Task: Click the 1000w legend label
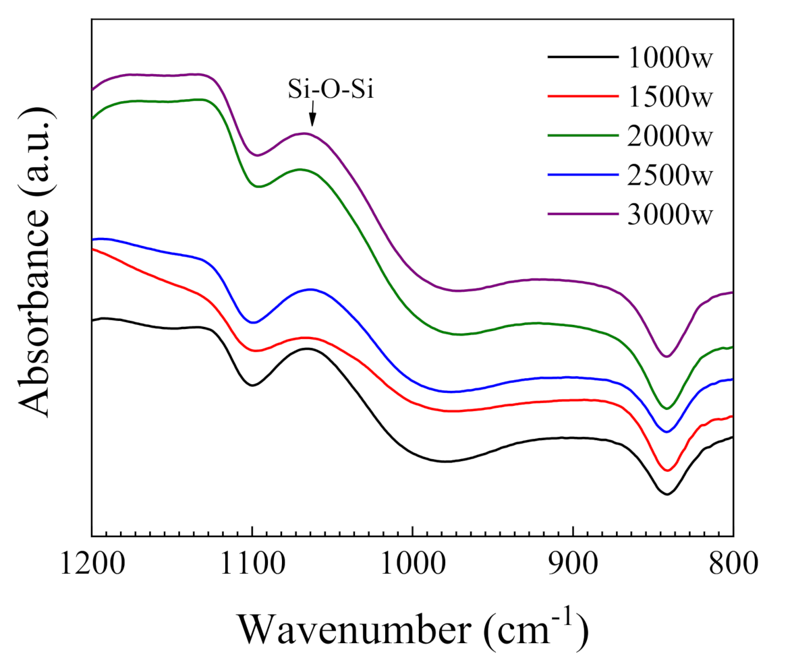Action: (x=669, y=58)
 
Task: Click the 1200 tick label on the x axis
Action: (x=92, y=563)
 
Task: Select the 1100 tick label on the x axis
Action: (x=252, y=563)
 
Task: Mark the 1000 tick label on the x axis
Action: (x=413, y=563)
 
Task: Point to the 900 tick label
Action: (x=573, y=563)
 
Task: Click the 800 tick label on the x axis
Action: (x=733, y=563)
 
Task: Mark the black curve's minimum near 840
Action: (x=667, y=494)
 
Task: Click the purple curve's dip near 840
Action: (x=667, y=357)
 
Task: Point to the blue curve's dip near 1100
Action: (x=253, y=323)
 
